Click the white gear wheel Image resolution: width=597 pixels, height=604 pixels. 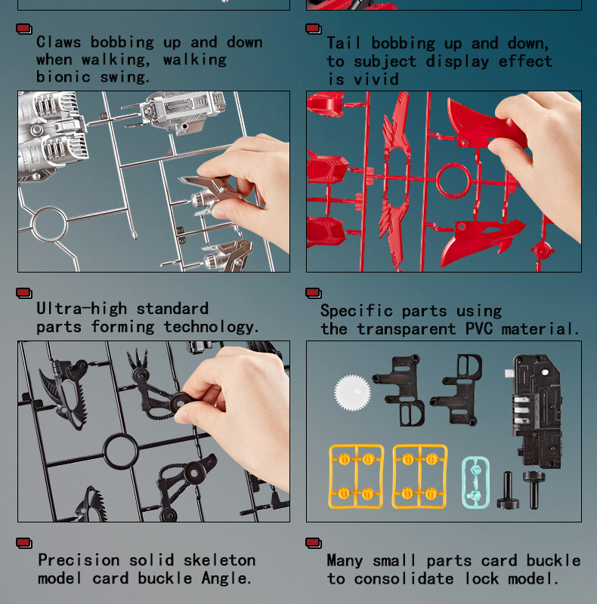tap(352, 393)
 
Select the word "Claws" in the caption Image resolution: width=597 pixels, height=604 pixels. tap(59, 42)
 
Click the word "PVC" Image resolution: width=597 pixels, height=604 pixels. tap(479, 328)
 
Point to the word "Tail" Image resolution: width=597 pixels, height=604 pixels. tap(344, 43)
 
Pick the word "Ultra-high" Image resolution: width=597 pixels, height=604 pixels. tap(82, 309)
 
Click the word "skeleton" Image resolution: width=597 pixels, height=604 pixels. tap(219, 560)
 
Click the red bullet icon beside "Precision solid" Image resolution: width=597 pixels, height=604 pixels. tap(24, 543)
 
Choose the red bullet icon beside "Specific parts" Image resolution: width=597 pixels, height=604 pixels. tap(313, 293)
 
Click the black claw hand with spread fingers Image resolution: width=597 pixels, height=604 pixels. tap(140, 367)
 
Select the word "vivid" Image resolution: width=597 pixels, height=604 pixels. tap(376, 79)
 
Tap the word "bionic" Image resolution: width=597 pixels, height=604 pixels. tap(63, 77)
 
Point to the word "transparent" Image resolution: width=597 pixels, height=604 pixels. tap(406, 328)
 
